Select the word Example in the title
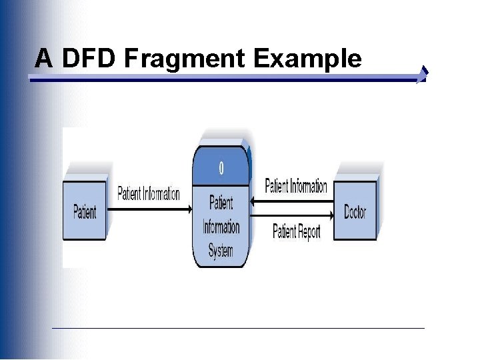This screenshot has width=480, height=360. point(307,59)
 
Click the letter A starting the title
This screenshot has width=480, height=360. point(44,59)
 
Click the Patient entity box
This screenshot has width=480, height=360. point(85,211)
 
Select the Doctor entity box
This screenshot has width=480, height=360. point(355,212)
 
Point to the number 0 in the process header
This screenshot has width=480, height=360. point(221,167)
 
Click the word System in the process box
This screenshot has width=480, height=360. point(221,252)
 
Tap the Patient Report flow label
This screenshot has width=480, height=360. point(297,232)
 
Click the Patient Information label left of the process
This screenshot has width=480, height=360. point(149,194)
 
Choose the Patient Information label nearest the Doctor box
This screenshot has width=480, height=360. point(296,186)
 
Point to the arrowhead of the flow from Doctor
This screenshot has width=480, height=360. point(254,199)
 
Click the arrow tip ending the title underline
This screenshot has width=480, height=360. point(423,75)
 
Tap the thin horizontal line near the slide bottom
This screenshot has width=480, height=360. point(238,328)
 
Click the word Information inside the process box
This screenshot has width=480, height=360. point(221,227)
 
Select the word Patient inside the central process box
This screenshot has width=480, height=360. point(221,201)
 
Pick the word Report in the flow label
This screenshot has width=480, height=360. point(309,232)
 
